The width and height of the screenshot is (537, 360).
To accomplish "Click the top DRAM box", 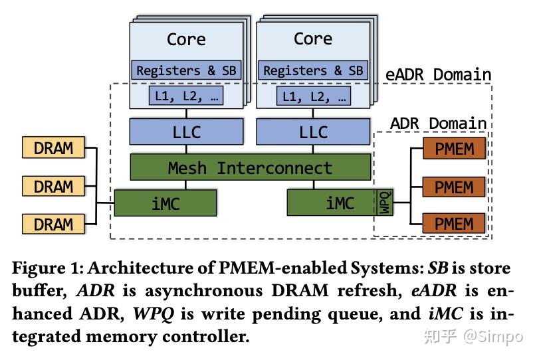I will [x=53, y=147].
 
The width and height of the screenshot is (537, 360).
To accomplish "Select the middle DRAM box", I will [x=53, y=186].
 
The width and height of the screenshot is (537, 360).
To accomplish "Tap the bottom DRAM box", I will [x=53, y=224].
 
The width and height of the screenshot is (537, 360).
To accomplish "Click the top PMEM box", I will [x=454, y=148].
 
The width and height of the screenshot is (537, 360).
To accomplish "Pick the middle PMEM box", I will [x=454, y=187].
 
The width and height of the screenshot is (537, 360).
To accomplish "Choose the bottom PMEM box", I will [x=454, y=224].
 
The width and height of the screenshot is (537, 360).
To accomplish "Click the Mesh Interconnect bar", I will [x=250, y=167].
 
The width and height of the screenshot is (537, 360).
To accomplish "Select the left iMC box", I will [x=165, y=203].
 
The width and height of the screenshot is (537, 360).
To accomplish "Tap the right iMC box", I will [x=331, y=203].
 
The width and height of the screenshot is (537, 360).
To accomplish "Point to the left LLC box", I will [x=185, y=132].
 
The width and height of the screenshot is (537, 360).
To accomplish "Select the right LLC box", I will [x=313, y=132].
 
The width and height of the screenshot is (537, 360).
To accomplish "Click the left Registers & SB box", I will [x=185, y=70].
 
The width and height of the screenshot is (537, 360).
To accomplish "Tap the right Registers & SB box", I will [x=313, y=70].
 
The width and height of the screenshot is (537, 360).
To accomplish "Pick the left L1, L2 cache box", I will [x=185, y=97].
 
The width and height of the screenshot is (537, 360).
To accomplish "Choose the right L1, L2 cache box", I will [x=313, y=97].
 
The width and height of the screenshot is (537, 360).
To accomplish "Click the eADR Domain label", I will [x=438, y=74].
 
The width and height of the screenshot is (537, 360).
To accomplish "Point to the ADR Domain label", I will [x=438, y=124].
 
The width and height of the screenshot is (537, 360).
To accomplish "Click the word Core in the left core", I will [x=185, y=39].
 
